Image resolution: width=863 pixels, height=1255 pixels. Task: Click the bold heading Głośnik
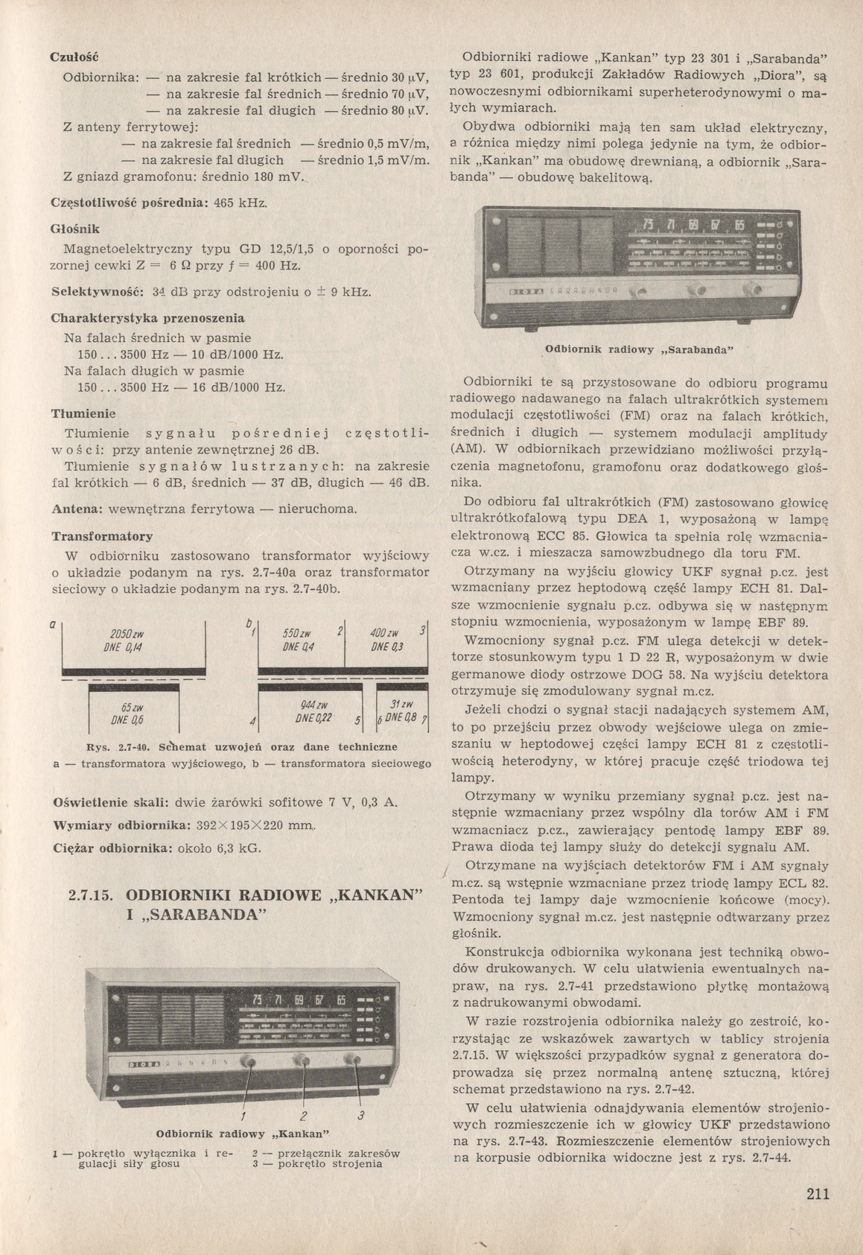click(74, 228)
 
